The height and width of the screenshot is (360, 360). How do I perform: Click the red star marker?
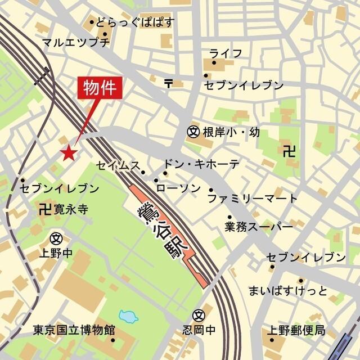click(x=69, y=152)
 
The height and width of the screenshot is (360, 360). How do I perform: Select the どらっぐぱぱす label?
click(x=135, y=23)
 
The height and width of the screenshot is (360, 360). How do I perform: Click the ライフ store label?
click(x=226, y=53)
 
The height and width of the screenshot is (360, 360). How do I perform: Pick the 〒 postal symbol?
click(x=169, y=83)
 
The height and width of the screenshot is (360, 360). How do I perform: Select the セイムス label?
click(x=118, y=165)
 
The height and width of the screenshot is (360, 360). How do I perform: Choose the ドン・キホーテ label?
click(x=201, y=164)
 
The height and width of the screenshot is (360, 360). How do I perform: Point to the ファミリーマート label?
click(x=253, y=199)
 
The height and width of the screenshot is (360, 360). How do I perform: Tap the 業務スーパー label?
click(x=259, y=227)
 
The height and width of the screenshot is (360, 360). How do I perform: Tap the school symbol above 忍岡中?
click(x=197, y=315)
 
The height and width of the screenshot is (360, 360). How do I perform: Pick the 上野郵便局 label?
click(x=296, y=330)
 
